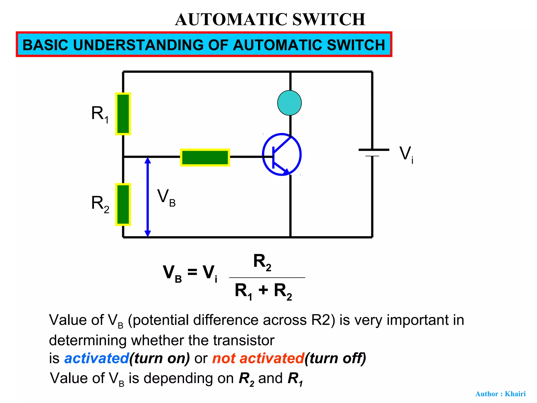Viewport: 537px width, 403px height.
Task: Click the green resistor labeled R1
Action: tap(123, 114)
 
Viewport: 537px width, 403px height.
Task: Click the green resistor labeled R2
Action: tap(123, 204)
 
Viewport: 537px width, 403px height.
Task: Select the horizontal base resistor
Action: tap(205, 157)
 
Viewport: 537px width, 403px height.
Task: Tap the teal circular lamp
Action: tap(289, 103)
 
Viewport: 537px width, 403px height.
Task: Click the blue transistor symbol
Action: tap(282, 155)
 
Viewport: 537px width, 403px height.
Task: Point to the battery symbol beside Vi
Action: tap(373, 152)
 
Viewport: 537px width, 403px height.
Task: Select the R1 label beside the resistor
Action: tap(100, 114)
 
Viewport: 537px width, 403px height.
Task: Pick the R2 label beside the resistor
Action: tap(100, 204)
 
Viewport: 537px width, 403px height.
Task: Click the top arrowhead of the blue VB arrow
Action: tap(148, 160)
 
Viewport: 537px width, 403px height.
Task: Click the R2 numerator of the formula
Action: tap(262, 262)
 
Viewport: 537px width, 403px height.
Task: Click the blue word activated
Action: tap(96, 358)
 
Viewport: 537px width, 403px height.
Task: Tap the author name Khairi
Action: tap(515, 394)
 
